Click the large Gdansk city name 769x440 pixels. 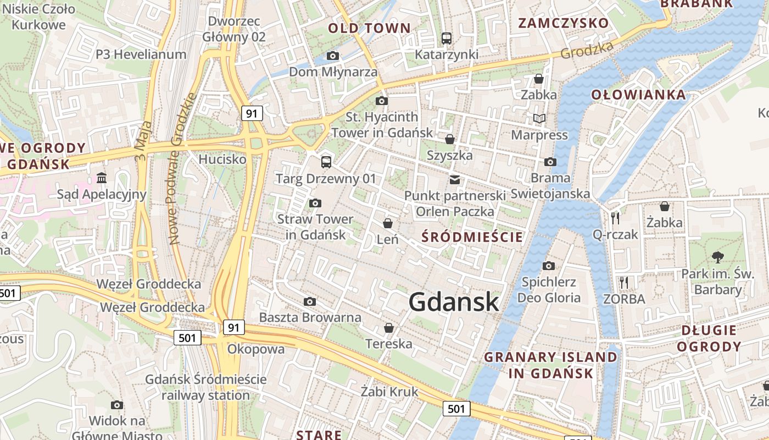point(454,302)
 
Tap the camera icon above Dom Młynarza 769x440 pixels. point(332,56)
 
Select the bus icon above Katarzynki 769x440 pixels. point(446,38)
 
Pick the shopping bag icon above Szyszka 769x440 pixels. point(449,139)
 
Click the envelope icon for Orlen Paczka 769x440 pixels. point(455,179)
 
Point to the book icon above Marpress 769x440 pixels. point(539,118)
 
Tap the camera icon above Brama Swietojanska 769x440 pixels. point(550,162)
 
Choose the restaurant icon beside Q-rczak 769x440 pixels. point(615,218)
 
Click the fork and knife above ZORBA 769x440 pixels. point(623,283)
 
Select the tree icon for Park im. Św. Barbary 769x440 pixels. point(717,256)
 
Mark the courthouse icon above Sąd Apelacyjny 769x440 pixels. point(102,178)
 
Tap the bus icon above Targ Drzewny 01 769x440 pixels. point(326,162)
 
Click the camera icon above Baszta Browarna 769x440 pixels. point(310,301)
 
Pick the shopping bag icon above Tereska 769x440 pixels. point(389,328)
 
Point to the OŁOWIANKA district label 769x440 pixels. point(638,95)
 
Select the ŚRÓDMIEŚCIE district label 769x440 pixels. point(472,237)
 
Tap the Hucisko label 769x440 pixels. point(222,159)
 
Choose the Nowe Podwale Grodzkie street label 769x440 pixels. point(183,168)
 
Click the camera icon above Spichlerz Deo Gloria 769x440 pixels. point(548,266)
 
